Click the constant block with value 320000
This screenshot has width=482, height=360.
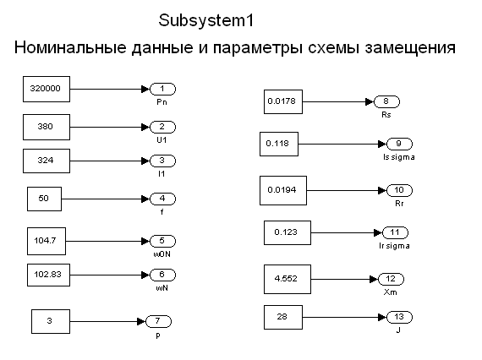click(47, 89)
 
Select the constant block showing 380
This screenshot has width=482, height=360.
click(47, 127)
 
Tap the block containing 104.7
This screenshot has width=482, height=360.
click(47, 241)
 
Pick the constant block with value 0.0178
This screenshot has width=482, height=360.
click(283, 101)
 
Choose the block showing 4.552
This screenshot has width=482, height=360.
click(288, 279)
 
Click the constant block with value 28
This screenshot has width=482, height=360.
click(283, 317)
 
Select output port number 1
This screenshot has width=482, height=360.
click(162, 89)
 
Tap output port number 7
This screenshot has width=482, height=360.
click(158, 321)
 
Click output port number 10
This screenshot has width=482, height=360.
click(399, 190)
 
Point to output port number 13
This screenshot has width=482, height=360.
click(399, 317)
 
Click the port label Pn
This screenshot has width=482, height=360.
click(162, 102)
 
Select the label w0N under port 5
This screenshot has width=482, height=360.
click(162, 254)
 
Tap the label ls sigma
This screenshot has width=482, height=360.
click(398, 157)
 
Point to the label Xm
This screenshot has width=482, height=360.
click(390, 292)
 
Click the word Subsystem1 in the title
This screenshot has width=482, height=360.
click(206, 20)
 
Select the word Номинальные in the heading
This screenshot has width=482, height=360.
click(70, 47)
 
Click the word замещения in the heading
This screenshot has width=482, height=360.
click(410, 48)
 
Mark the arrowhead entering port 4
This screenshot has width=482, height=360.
click(145, 199)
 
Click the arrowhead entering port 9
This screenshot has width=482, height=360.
click(382, 144)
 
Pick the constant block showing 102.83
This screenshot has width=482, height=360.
click(48, 275)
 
